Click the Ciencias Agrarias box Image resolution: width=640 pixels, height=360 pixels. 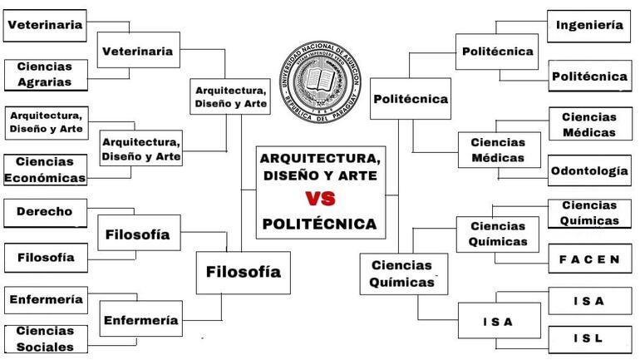click(x=45, y=74)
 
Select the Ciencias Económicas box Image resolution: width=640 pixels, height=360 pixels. click(x=45, y=170)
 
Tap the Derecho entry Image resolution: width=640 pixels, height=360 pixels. click(x=45, y=212)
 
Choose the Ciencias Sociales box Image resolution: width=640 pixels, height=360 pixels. click(x=45, y=338)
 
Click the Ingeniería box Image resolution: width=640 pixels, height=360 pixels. click(x=589, y=26)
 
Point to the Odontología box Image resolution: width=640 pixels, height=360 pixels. click(x=589, y=170)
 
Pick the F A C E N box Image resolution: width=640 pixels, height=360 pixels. click(x=589, y=259)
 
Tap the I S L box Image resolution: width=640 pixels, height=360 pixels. click(x=589, y=338)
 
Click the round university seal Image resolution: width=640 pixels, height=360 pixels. click(x=321, y=81)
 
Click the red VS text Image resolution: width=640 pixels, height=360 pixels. click(x=320, y=199)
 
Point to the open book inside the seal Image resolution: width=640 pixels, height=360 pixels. click(x=321, y=81)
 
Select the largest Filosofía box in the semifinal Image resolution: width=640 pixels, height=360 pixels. click(x=243, y=272)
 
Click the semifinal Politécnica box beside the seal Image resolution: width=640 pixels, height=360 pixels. click(x=411, y=99)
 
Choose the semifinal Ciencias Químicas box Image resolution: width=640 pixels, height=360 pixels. click(x=401, y=274)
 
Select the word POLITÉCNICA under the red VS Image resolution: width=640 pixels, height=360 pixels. click(x=320, y=224)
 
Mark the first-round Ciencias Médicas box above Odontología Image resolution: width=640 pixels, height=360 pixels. click(x=589, y=125)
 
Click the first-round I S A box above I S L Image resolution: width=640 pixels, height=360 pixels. click(x=589, y=301)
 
